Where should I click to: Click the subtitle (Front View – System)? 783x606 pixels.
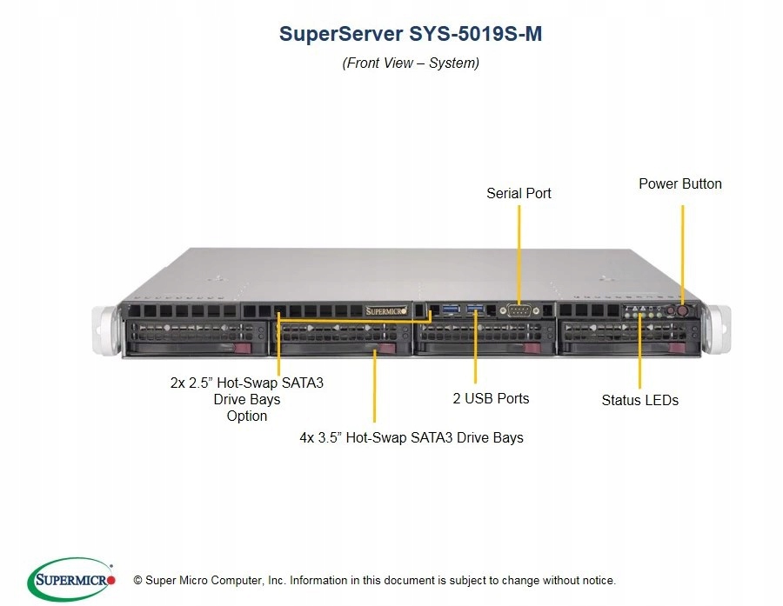(411, 63)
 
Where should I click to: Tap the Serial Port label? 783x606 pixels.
(519, 193)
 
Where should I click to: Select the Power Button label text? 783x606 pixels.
(679, 183)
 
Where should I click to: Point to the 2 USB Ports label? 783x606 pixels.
(491, 398)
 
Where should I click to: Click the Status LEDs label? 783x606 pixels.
(639, 400)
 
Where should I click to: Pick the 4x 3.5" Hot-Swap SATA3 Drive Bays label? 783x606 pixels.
(412, 437)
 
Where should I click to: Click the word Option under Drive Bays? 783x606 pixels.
(247, 416)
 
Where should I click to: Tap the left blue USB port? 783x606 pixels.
(449, 309)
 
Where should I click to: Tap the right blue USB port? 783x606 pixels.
(474, 309)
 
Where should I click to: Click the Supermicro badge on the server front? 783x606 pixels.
(383, 310)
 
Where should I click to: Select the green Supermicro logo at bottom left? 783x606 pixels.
(72, 579)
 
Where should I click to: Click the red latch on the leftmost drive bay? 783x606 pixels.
(244, 348)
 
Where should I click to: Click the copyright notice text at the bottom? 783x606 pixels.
(374, 580)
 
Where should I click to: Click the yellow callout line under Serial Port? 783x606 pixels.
(519, 252)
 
